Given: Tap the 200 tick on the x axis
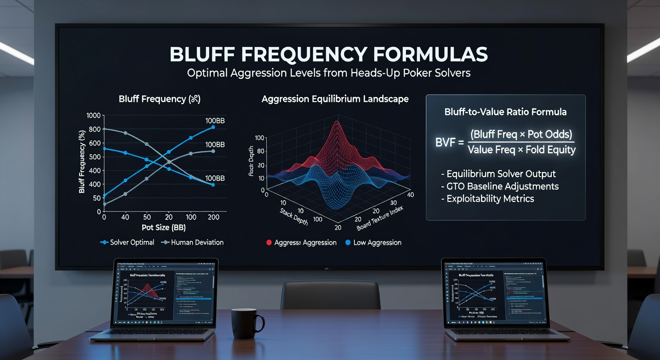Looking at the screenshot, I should point(214,217).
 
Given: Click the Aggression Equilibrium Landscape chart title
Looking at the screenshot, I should point(335,99).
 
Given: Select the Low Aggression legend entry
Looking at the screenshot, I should point(373,242).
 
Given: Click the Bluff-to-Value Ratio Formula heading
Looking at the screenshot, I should point(505,112).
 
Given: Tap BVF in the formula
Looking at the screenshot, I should point(445,142).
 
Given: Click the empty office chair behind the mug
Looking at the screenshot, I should point(330,295).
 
